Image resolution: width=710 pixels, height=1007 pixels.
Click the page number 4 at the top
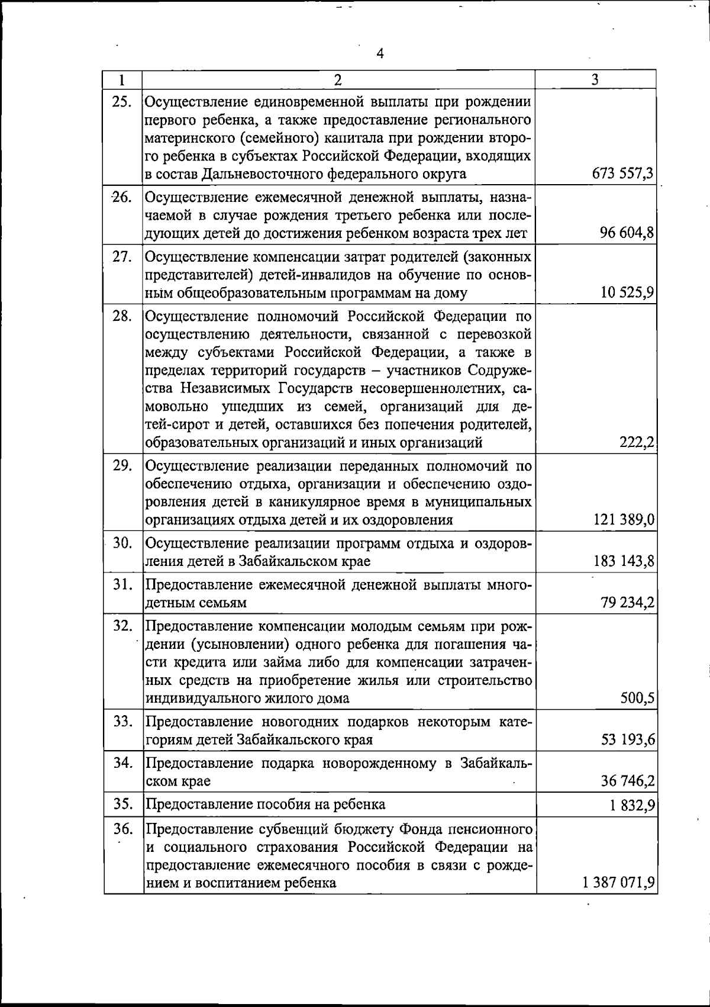[x=380, y=54]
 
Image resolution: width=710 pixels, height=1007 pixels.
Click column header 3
[x=595, y=79]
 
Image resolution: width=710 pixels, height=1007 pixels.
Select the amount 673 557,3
[x=622, y=173]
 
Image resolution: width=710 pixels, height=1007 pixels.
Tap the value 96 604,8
[x=627, y=233]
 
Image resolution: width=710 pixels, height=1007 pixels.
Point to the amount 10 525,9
[x=627, y=293]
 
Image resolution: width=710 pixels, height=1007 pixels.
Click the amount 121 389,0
[x=623, y=520]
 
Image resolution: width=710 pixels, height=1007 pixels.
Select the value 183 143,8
[x=623, y=561]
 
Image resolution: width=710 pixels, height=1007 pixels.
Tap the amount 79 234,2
[x=627, y=603]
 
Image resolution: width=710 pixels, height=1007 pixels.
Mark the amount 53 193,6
[x=627, y=739]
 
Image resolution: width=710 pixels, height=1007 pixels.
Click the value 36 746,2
[x=627, y=781]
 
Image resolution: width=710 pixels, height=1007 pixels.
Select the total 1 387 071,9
[x=618, y=883]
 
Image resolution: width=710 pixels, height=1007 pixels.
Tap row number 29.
[x=122, y=465]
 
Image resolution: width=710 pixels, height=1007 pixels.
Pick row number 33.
[x=122, y=721]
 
